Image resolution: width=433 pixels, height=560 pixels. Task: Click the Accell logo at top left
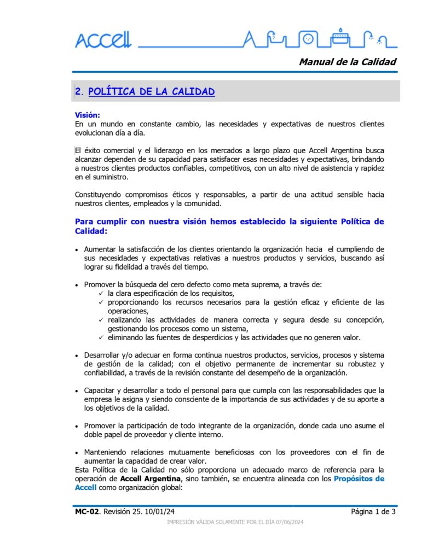point(103,40)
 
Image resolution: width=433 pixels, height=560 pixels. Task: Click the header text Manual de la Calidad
point(347,62)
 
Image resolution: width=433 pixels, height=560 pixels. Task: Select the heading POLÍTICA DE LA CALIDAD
point(151,92)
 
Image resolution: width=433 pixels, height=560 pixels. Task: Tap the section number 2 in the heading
point(78,92)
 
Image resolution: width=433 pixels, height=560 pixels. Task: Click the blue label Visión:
point(88,115)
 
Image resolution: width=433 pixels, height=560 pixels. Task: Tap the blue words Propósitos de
point(359,479)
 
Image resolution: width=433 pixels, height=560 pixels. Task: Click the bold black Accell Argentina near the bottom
point(151,479)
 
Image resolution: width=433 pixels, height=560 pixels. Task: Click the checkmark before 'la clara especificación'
point(101,294)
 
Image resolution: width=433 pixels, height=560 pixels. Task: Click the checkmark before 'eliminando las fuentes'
point(101,337)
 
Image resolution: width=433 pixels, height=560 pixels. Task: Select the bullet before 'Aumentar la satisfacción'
point(77,249)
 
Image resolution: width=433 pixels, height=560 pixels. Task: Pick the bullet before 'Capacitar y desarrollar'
point(77,391)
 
